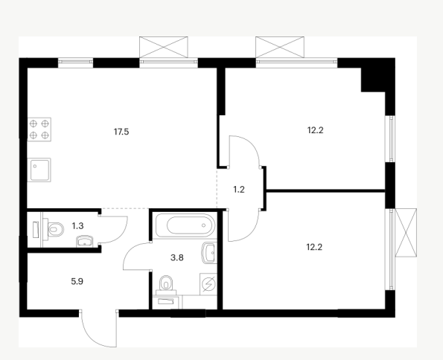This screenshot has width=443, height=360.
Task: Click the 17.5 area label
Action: (121, 132)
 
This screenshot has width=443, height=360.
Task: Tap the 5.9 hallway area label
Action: (77, 281)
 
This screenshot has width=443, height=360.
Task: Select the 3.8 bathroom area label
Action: (177, 257)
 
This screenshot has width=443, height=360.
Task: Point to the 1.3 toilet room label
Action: (77, 226)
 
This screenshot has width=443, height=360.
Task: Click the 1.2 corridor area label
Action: (239, 190)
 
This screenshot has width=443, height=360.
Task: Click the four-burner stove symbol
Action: (39, 129)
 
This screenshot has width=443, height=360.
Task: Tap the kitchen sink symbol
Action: (39, 170)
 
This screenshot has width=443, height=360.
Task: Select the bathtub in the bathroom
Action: (185, 225)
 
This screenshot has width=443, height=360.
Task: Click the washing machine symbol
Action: (208, 284)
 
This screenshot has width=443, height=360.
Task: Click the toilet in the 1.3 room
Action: (54, 229)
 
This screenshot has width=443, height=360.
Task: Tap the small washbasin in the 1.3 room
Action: (84, 242)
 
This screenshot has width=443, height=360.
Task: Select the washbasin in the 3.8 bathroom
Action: (209, 253)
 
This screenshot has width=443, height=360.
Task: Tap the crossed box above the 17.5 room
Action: (164, 47)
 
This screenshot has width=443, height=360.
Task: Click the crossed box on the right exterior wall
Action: (406, 233)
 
